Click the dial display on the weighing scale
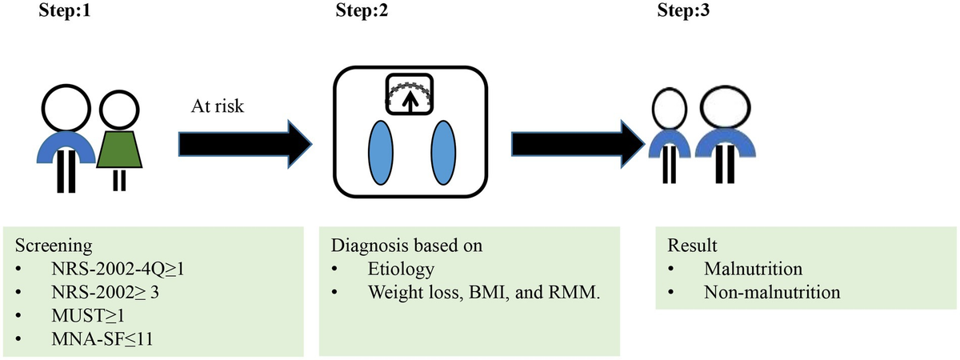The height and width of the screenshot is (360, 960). (x=410, y=97)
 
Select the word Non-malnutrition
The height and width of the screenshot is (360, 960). (x=772, y=291)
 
